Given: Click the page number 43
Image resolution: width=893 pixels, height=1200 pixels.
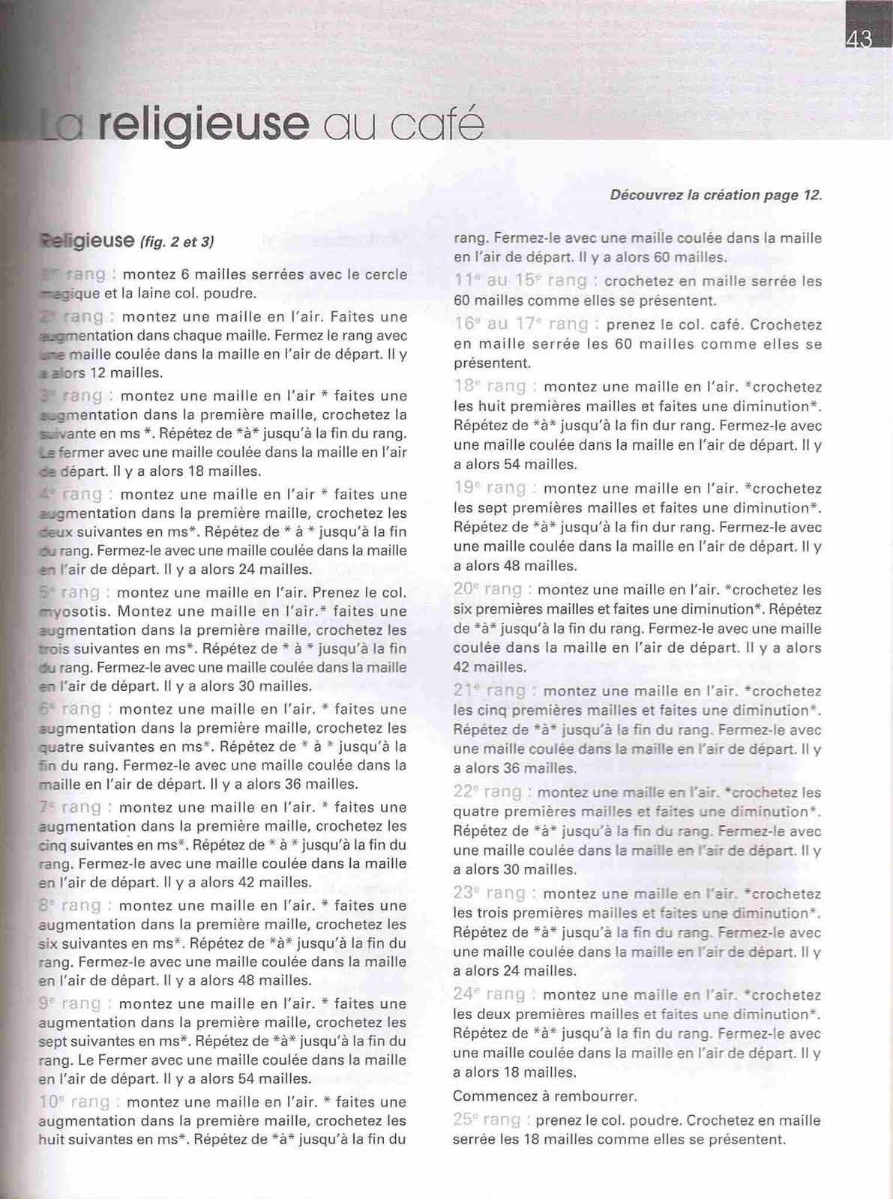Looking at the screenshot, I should click(859, 40).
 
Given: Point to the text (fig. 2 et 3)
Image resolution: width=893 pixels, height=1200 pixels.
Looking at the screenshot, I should click(177, 242).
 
